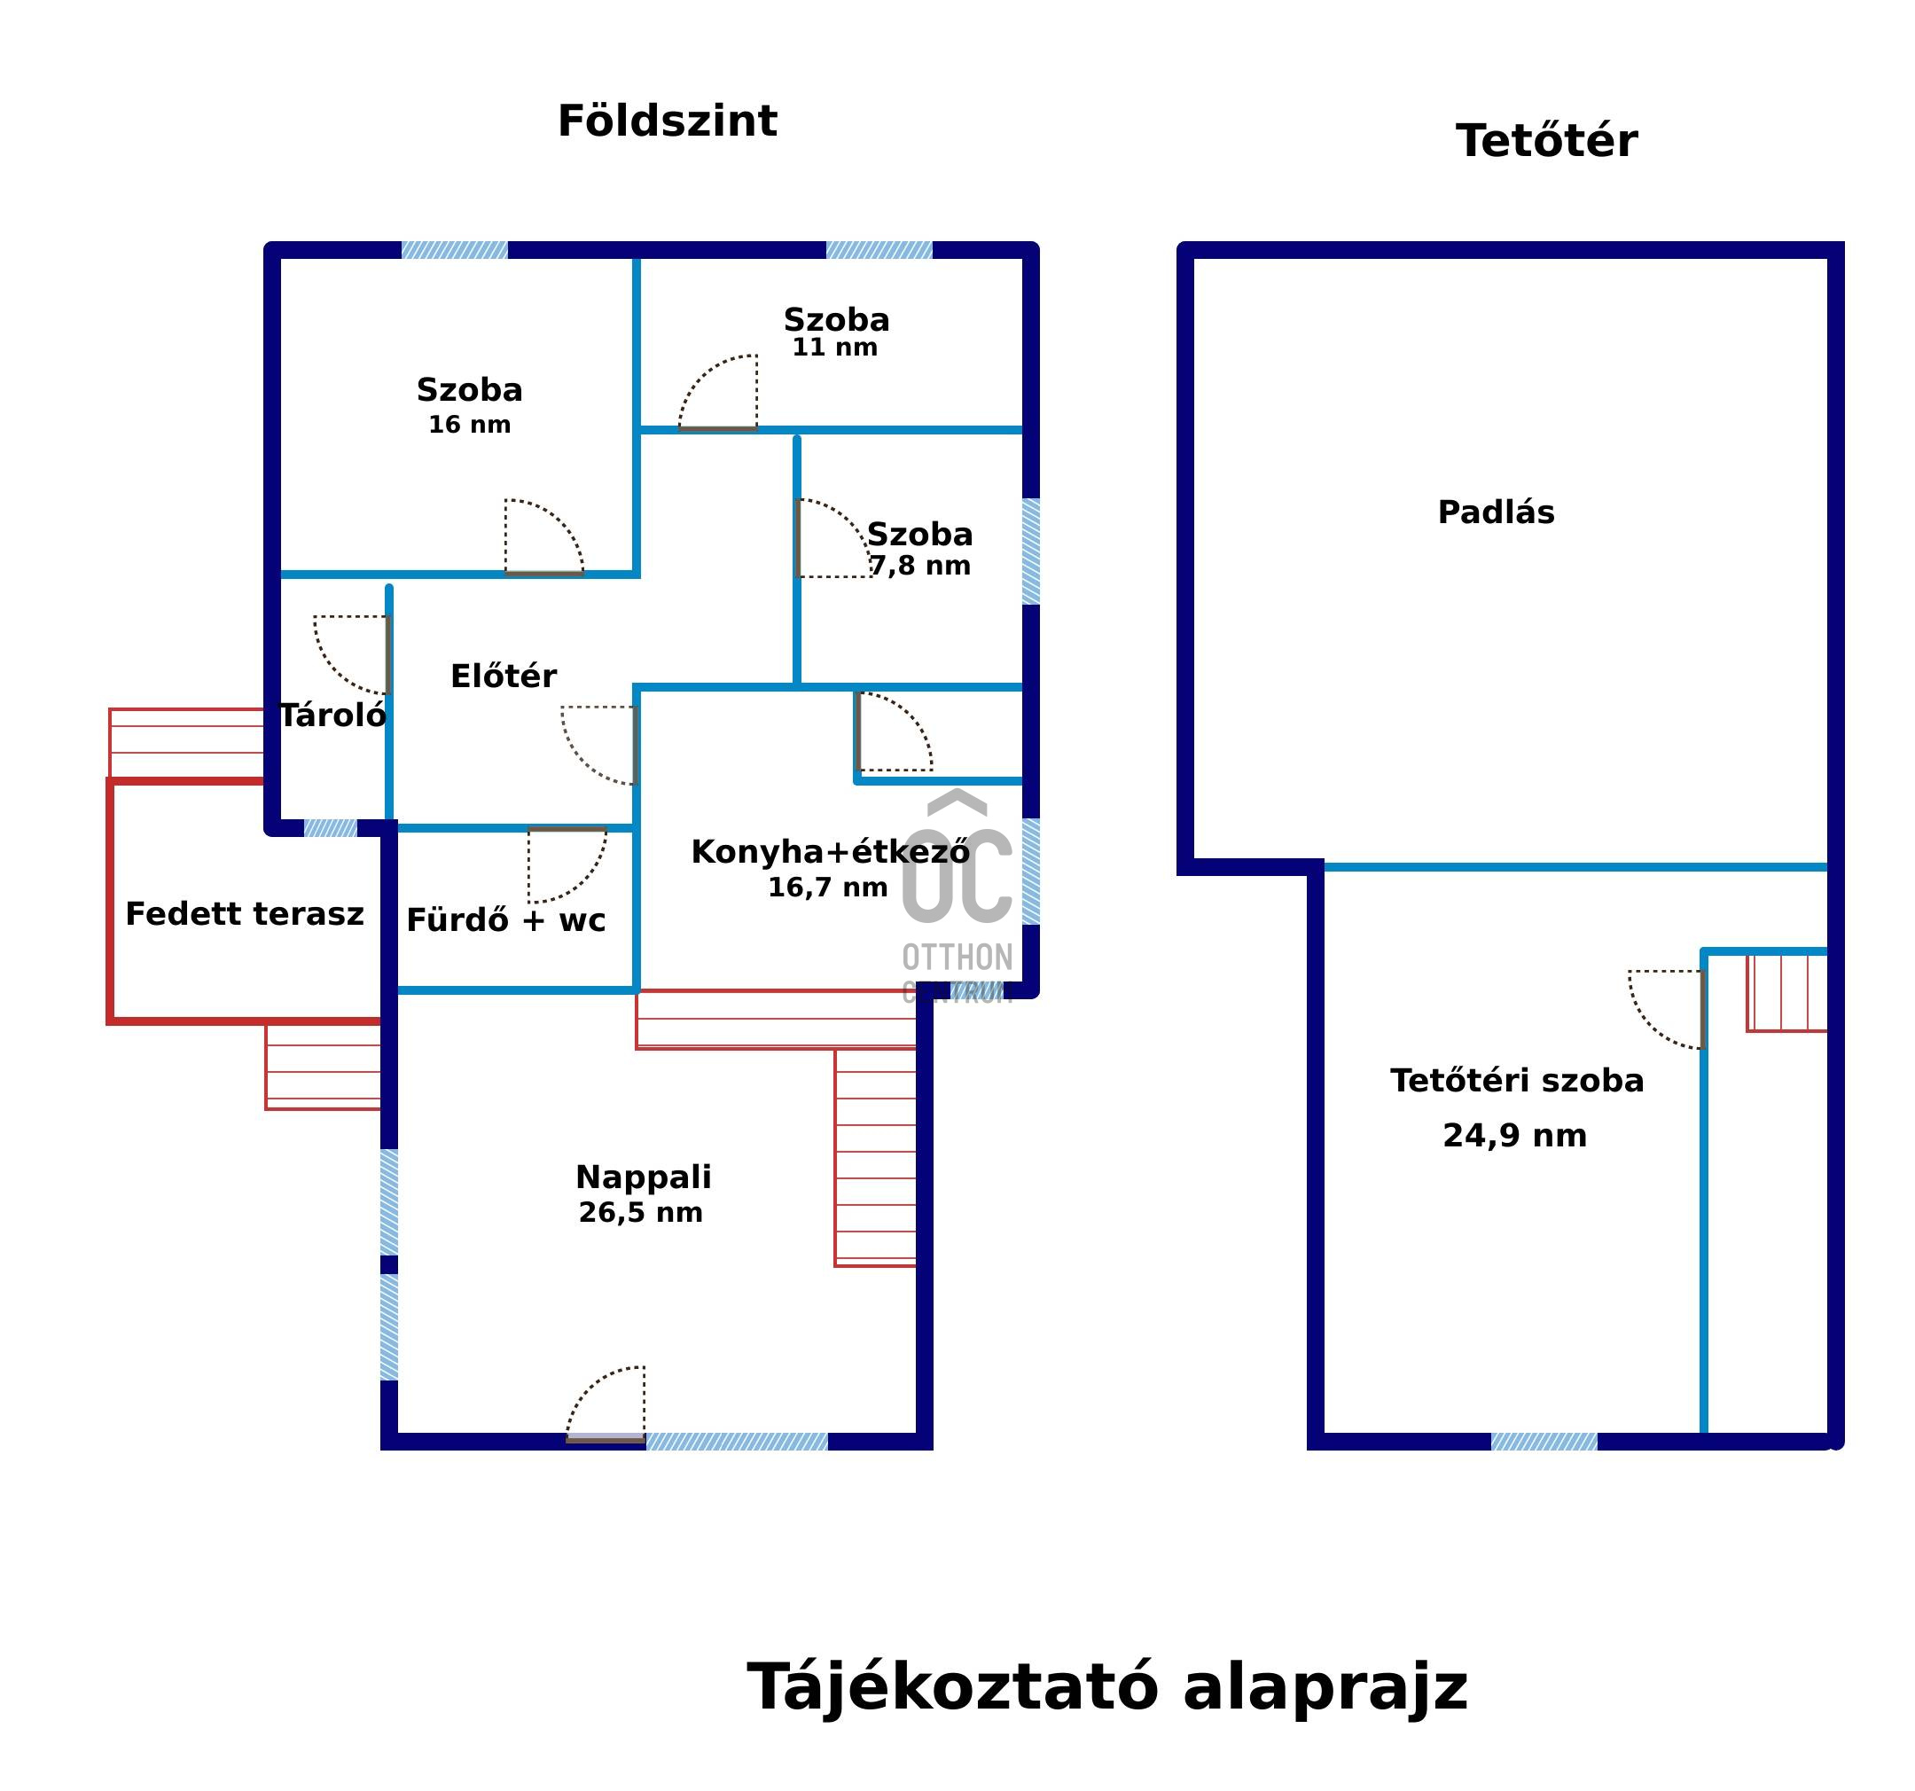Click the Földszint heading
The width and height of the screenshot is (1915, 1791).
[x=667, y=121]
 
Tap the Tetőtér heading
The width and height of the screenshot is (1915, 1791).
[x=1546, y=141]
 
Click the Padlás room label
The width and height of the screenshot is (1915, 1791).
[x=1496, y=512]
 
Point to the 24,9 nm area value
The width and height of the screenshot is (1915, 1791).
[x=1514, y=1136]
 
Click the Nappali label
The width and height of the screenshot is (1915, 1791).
[x=644, y=1177]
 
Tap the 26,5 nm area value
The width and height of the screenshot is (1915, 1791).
[x=641, y=1212]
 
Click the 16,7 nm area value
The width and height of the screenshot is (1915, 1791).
[x=827, y=888]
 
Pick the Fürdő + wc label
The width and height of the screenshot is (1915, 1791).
[x=505, y=920]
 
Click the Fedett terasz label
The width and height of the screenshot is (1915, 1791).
[x=245, y=913]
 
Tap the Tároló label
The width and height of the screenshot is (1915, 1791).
[x=332, y=715]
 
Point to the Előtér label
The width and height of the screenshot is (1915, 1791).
[x=503, y=676]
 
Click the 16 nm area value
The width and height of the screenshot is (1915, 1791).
[x=469, y=425]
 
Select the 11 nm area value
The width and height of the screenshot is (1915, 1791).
[x=834, y=348]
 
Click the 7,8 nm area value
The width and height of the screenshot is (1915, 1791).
[x=921, y=566]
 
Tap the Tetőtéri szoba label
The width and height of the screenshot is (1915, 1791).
[x=1516, y=1081]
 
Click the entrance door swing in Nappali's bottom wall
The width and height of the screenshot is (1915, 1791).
[x=605, y=1403]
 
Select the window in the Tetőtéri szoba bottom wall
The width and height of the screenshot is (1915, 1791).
[x=1544, y=1442]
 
